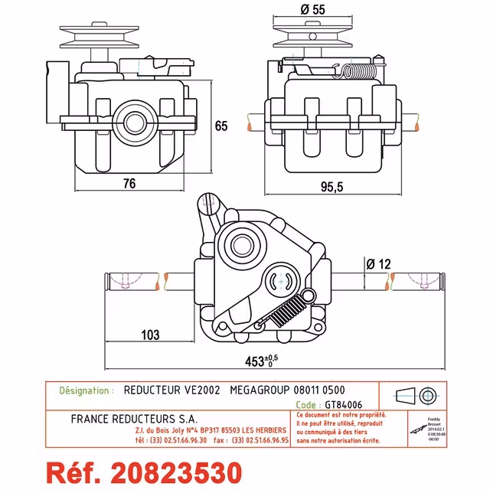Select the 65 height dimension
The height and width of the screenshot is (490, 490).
(x=221, y=126)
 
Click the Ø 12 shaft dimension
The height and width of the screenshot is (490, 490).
(x=378, y=263)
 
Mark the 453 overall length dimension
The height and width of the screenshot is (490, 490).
(x=264, y=361)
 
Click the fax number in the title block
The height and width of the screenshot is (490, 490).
(x=260, y=441)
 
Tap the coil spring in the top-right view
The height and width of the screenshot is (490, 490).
(x=358, y=72)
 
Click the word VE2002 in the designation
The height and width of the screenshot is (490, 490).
(x=203, y=390)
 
